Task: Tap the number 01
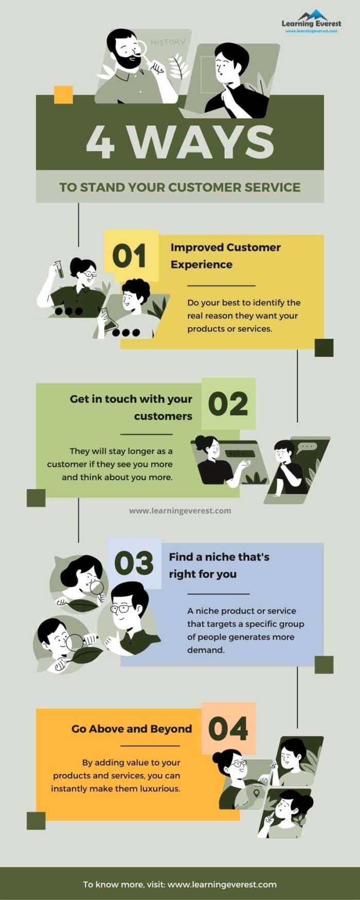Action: [x=129, y=256]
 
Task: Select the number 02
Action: [x=228, y=404]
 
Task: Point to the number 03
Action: [x=134, y=564]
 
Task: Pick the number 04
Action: [x=228, y=729]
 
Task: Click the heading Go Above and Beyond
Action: [x=132, y=729]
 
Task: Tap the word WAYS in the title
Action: [x=201, y=142]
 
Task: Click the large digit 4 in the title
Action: [x=100, y=142]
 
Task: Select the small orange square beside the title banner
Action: [x=63, y=95]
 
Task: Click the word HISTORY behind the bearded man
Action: [x=168, y=42]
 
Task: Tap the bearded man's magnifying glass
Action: [x=140, y=48]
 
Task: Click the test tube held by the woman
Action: [x=60, y=269]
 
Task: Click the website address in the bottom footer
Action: [x=222, y=885]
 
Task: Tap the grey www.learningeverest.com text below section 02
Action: [x=180, y=511]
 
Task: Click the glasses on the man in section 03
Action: [x=120, y=608]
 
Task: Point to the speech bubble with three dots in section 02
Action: [x=308, y=446]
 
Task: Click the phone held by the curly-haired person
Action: [x=109, y=319]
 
